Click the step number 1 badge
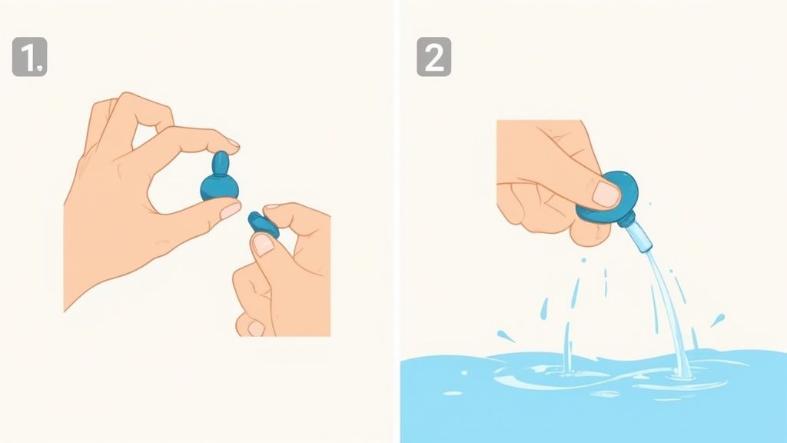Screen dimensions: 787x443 tap(30, 57)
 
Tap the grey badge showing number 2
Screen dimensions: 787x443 tap(433, 57)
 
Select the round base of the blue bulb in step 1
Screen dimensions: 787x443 tap(219, 187)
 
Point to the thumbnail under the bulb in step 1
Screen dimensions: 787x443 tap(230, 211)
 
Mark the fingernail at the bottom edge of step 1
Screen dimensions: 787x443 tap(255, 328)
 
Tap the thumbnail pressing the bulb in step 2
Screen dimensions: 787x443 tap(606, 193)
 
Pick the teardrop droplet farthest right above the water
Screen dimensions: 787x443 tap(718, 319)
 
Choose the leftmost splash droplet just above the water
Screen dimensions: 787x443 tap(505, 336)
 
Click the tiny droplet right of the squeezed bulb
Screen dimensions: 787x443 tap(650, 204)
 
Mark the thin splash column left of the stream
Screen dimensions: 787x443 tap(568, 347)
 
